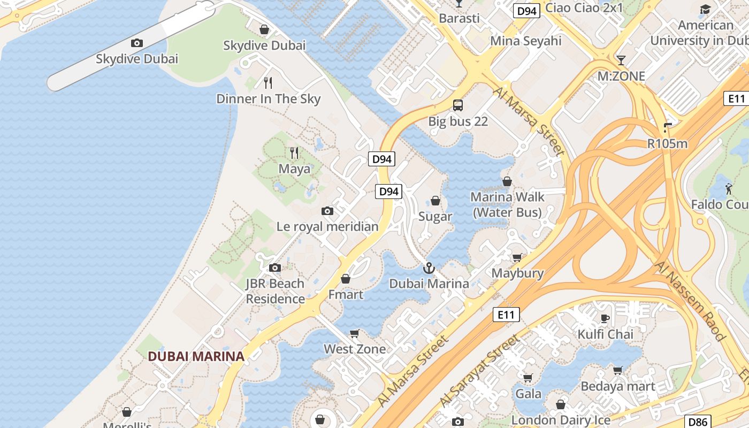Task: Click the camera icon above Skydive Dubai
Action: click(137, 43)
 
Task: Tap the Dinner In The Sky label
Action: click(268, 99)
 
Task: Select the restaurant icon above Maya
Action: click(294, 153)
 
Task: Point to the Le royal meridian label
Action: click(327, 226)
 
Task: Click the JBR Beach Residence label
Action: click(275, 291)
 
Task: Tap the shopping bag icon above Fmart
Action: click(346, 279)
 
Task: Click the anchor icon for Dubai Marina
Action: click(429, 268)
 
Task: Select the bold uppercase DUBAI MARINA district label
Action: click(196, 356)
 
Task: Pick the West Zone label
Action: click(354, 349)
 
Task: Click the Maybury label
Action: click(517, 273)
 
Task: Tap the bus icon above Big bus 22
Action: click(458, 105)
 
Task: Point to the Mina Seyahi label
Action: click(526, 41)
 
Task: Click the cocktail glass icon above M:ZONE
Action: click(621, 60)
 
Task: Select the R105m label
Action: click(667, 143)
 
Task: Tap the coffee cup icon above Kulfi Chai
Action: click(605, 319)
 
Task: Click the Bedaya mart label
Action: click(617, 386)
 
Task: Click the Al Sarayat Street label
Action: click(480, 370)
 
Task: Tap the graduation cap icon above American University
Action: click(705, 10)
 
